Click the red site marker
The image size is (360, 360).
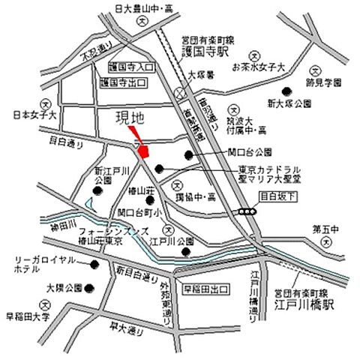[x=145, y=149]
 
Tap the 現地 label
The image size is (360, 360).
[x=128, y=118]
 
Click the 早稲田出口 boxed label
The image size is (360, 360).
[x=204, y=288]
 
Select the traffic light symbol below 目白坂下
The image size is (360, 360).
[x=246, y=213]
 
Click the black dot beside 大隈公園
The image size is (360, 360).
[x=89, y=287]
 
